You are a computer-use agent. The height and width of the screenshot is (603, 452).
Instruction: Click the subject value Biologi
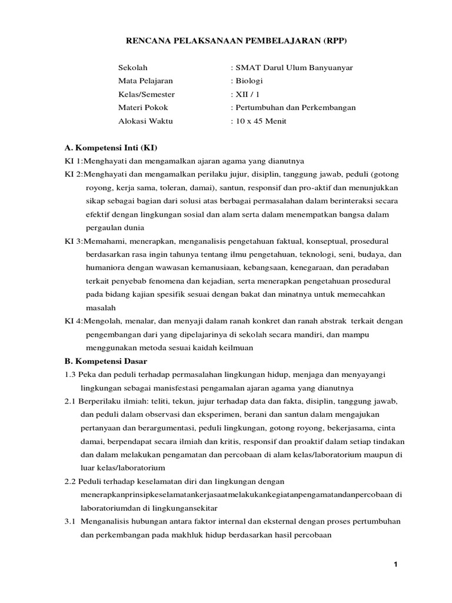[249, 81]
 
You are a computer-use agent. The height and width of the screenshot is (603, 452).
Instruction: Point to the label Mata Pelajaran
[145, 81]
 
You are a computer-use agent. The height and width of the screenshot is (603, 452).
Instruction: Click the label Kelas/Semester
[147, 94]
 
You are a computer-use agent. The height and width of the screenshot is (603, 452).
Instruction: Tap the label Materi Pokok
[143, 107]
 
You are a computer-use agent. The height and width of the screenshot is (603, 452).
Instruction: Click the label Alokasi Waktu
[146, 121]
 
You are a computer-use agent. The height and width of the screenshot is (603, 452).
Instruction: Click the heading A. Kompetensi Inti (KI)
[111, 147]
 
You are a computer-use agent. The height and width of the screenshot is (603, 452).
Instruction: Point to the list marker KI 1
[73, 161]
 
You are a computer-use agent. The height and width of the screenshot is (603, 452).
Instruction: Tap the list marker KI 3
[73, 241]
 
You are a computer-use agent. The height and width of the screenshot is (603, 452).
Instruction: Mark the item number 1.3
[70, 374]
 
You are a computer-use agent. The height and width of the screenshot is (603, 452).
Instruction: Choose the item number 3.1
[70, 521]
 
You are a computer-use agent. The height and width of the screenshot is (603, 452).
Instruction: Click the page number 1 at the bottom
[396, 565]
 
